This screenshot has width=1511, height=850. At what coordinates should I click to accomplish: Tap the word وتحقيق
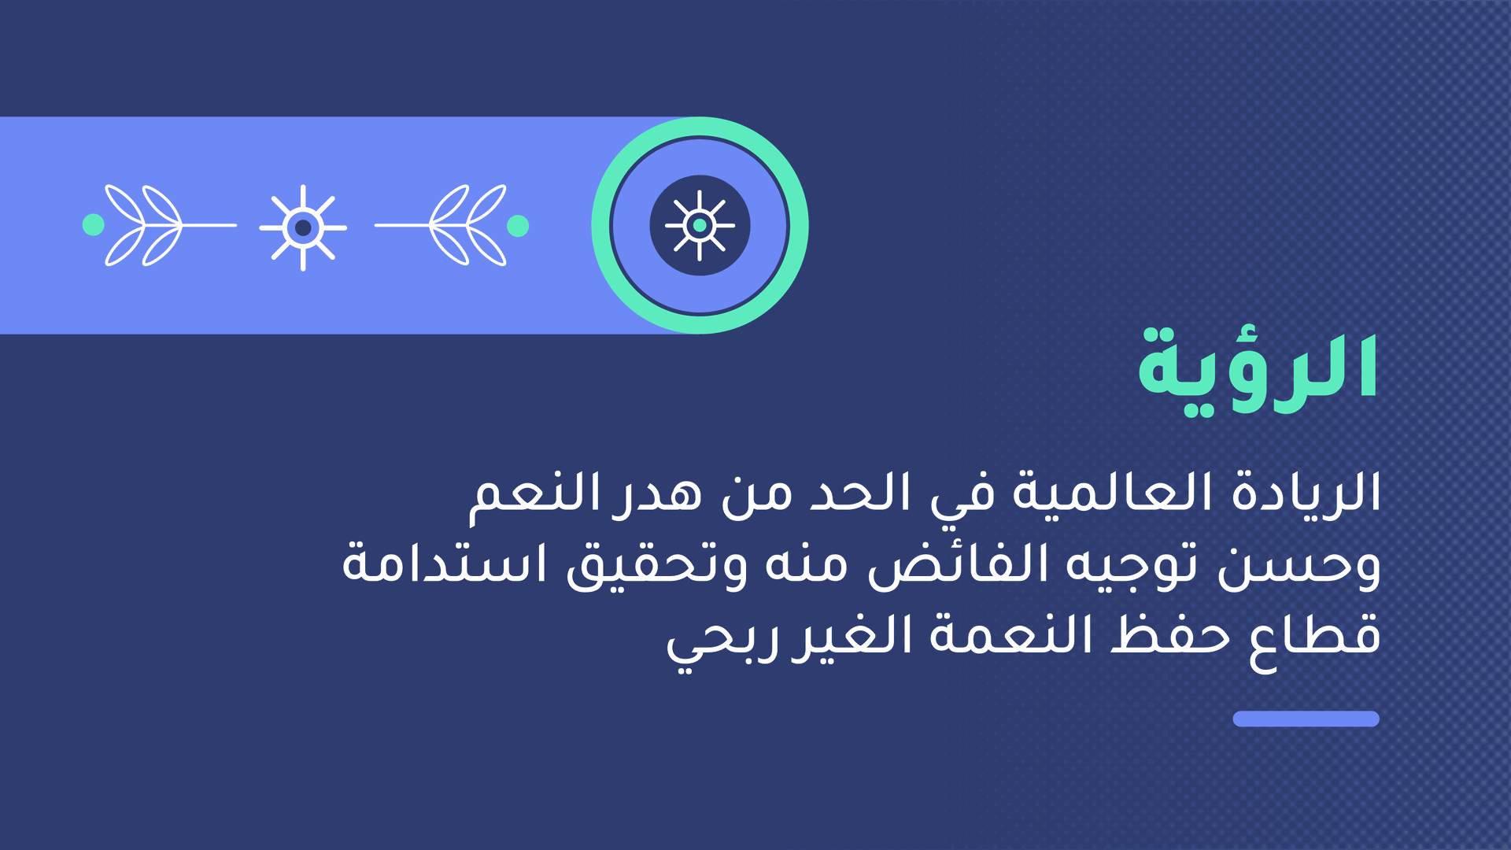(x=657, y=565)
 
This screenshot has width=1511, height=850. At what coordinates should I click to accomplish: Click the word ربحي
(x=723, y=641)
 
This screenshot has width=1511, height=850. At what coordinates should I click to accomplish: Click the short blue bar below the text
(x=1306, y=719)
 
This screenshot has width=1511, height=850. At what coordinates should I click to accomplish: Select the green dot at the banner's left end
(x=93, y=225)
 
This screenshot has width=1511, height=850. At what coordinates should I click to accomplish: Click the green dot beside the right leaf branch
(x=518, y=226)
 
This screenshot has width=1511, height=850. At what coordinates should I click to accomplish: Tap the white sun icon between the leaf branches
(x=303, y=227)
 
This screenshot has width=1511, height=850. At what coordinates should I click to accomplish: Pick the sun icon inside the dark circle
(x=700, y=226)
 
